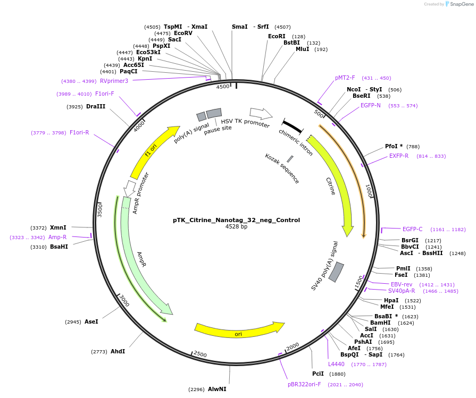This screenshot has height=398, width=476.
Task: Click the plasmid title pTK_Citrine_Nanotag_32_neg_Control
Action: click(x=236, y=220)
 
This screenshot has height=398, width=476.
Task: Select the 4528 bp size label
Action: click(x=236, y=227)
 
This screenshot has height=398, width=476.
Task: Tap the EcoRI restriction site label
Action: click(x=277, y=36)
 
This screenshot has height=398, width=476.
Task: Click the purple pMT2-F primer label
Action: click(x=345, y=78)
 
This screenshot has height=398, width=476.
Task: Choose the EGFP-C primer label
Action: click(x=412, y=229)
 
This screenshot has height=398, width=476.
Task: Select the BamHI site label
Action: click(x=380, y=323)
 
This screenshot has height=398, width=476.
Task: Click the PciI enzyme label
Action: click(x=318, y=374)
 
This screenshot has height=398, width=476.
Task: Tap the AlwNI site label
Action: click(x=217, y=389)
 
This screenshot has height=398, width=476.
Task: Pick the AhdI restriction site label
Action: click(x=118, y=351)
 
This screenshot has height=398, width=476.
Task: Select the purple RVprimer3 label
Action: click(x=114, y=81)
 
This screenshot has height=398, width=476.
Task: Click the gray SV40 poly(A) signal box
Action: click(x=336, y=272)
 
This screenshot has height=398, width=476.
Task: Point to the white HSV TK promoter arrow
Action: click(x=261, y=113)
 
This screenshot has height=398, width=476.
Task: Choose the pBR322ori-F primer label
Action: click(x=304, y=384)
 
